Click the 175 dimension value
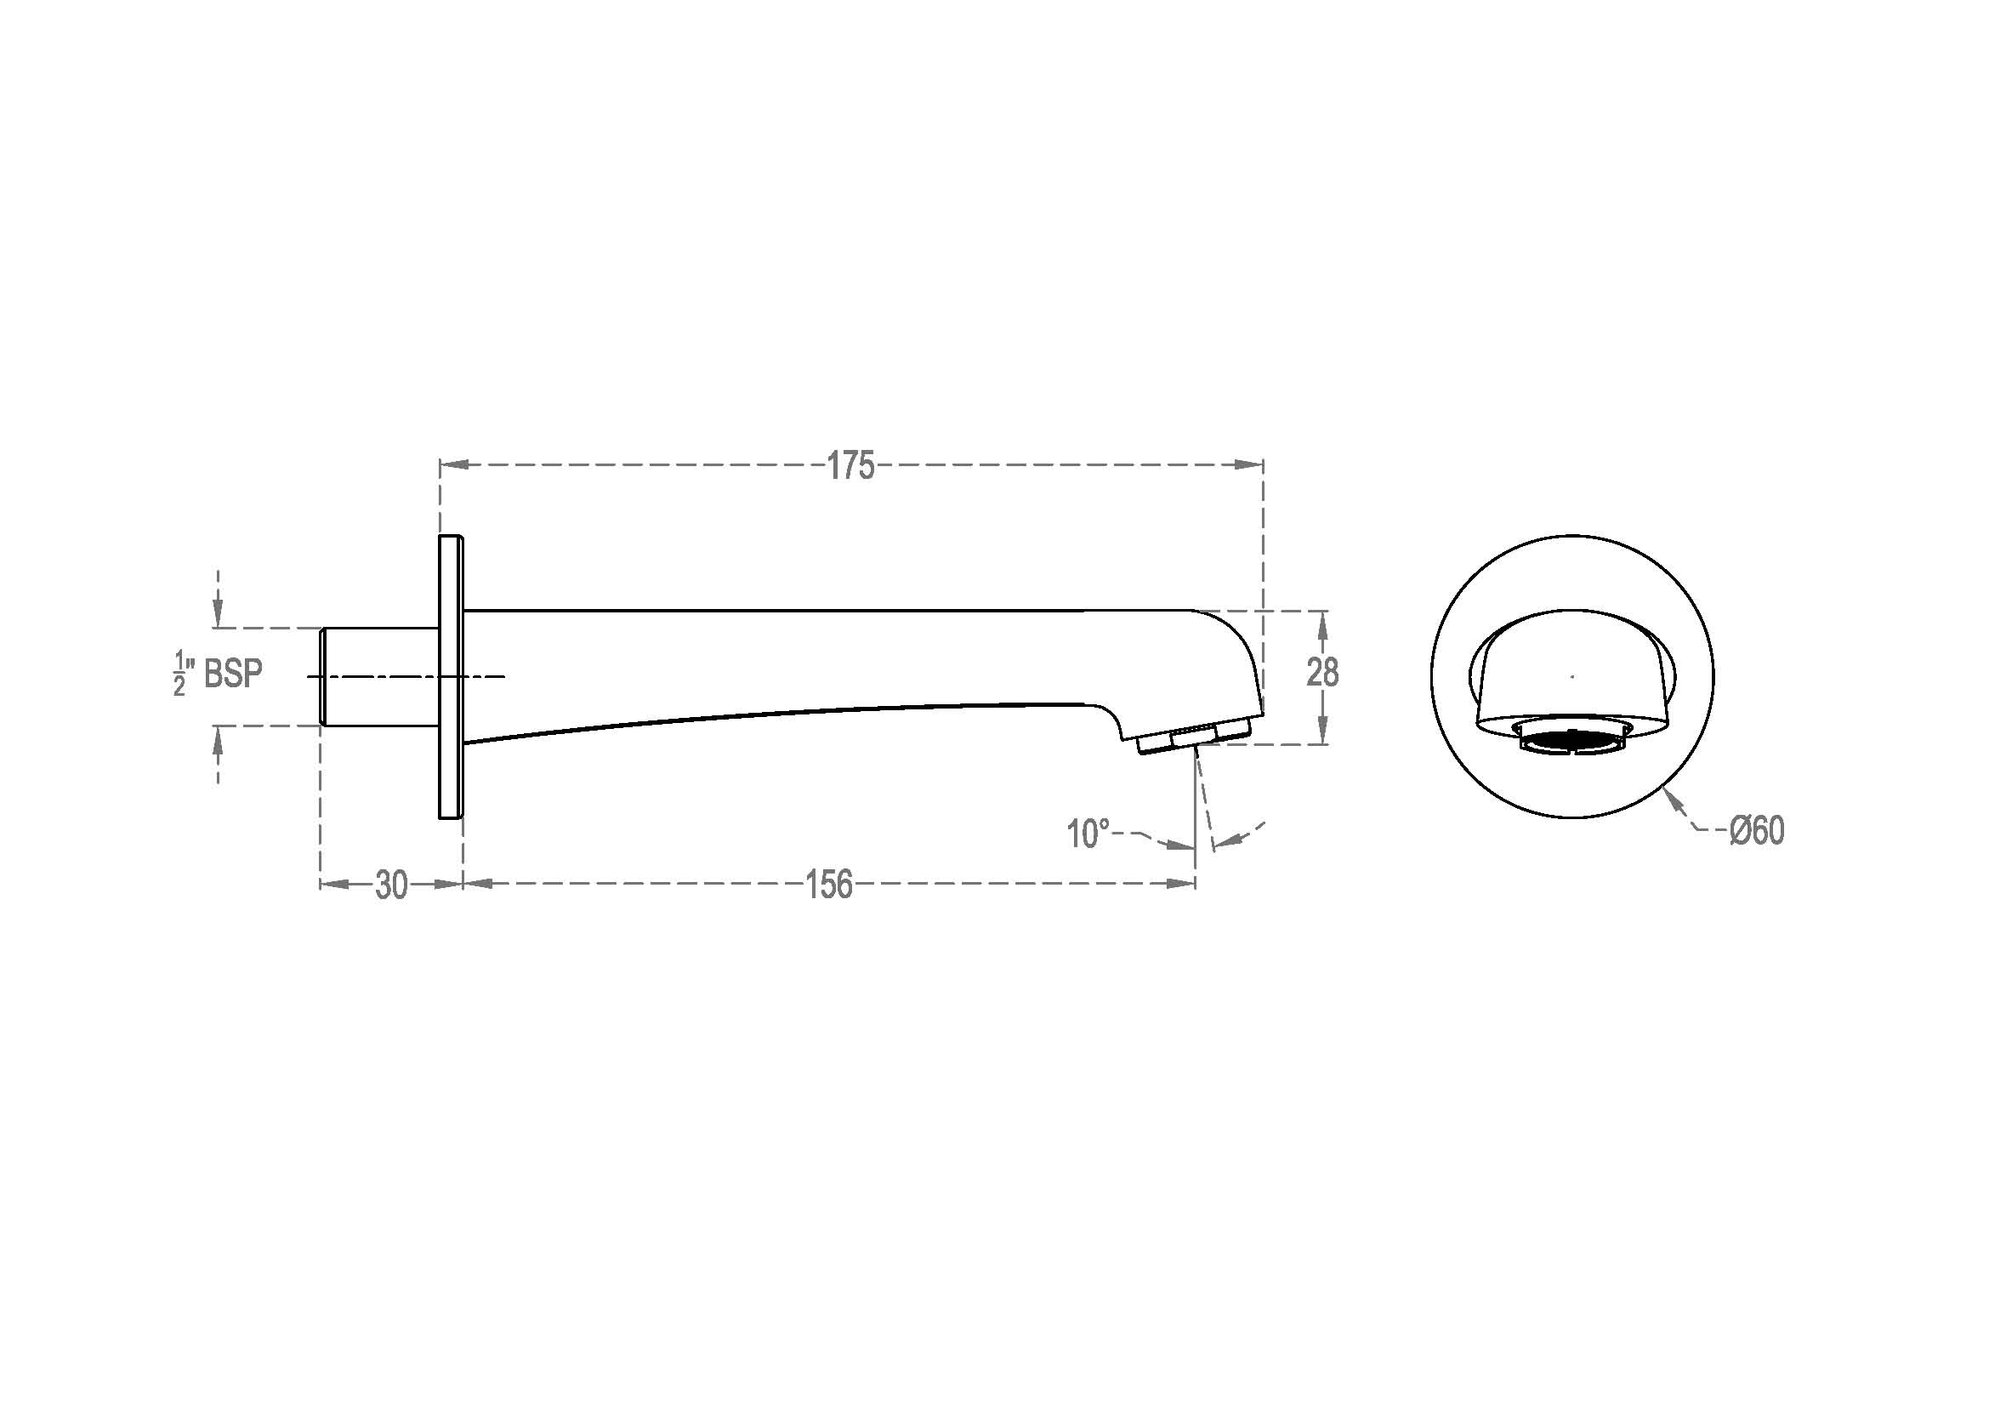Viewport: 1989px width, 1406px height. (x=850, y=466)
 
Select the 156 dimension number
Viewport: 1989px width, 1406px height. (x=829, y=885)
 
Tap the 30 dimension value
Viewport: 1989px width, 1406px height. (x=391, y=885)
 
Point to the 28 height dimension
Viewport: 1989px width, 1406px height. (x=1323, y=672)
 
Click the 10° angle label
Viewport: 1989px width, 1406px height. (x=1088, y=834)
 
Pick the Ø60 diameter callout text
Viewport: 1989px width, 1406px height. (x=1757, y=831)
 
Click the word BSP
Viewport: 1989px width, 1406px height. (x=233, y=673)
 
